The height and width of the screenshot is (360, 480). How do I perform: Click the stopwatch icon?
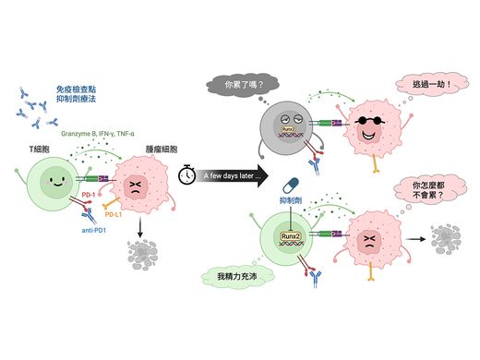(x=187, y=174)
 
